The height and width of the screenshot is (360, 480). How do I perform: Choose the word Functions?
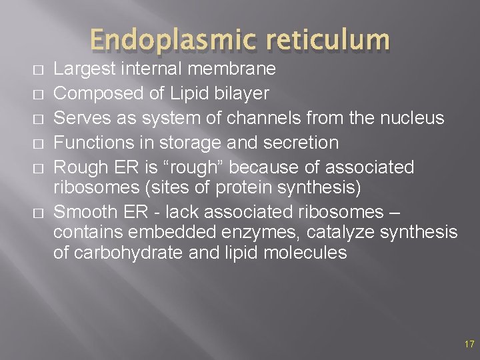tap(95, 143)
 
